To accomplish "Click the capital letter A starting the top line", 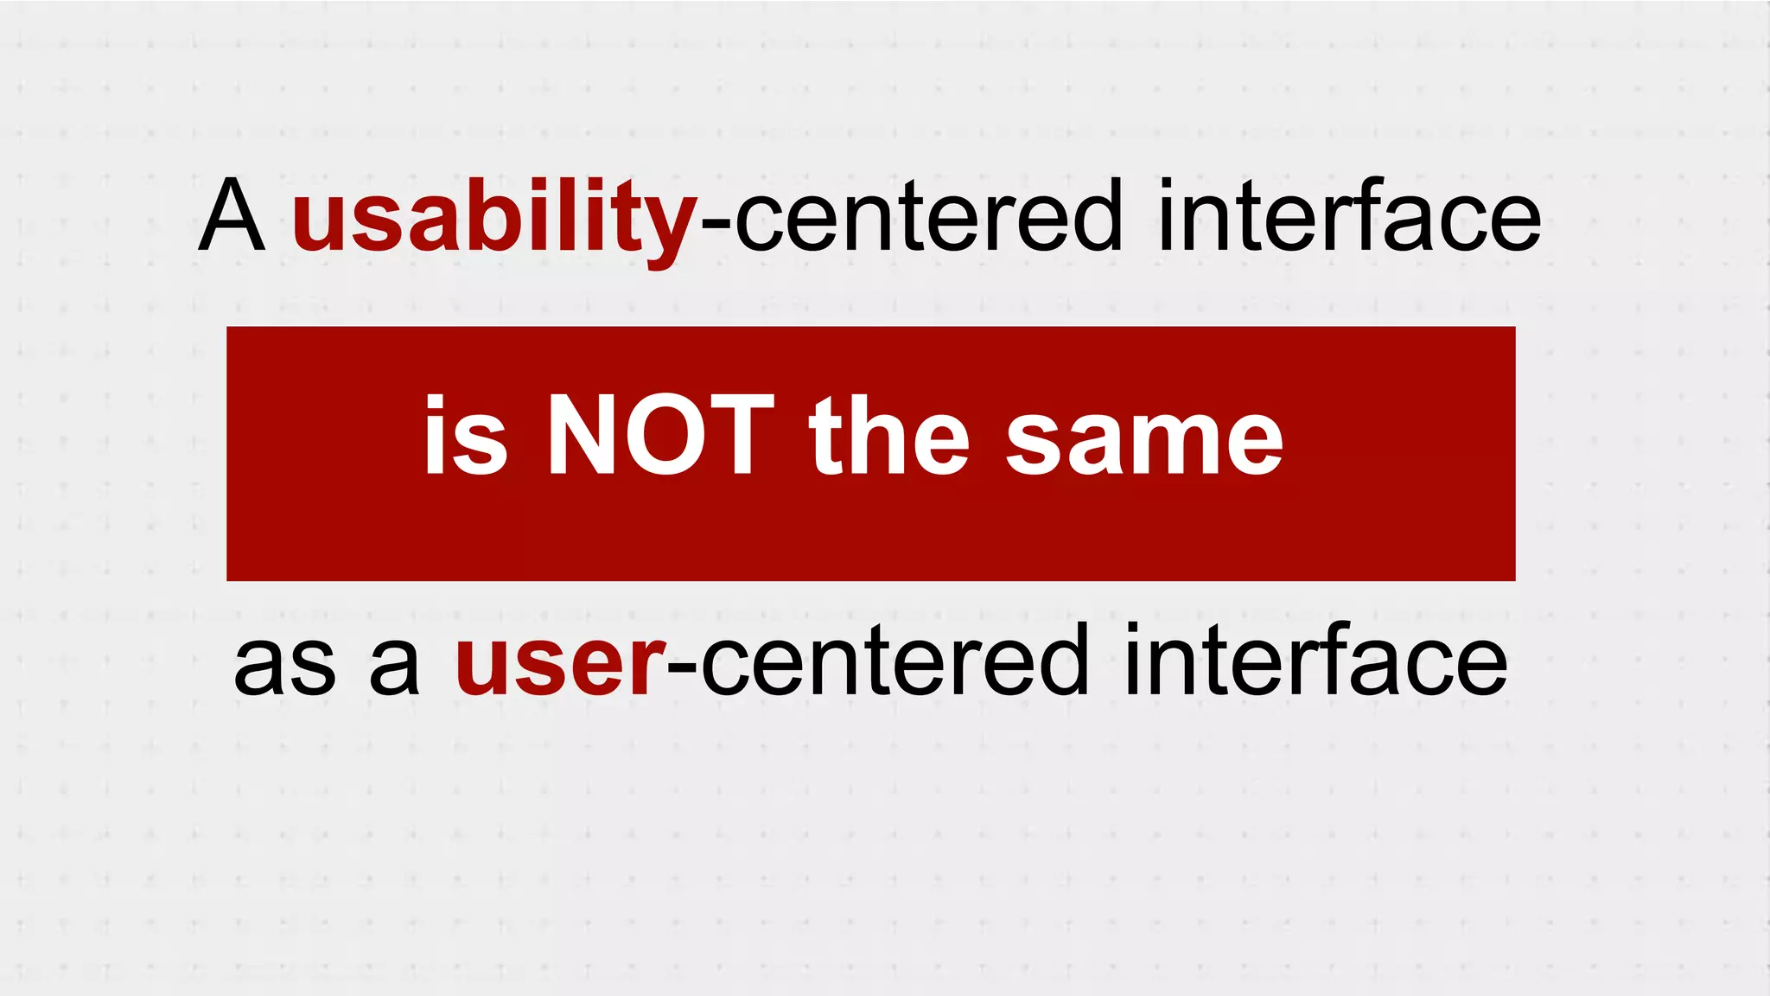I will click(x=231, y=216).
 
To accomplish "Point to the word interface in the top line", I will click(x=1349, y=216).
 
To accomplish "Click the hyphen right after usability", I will click(x=716, y=223).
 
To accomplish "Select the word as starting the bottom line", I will click(x=284, y=664).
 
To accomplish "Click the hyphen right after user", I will click(x=682, y=668).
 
